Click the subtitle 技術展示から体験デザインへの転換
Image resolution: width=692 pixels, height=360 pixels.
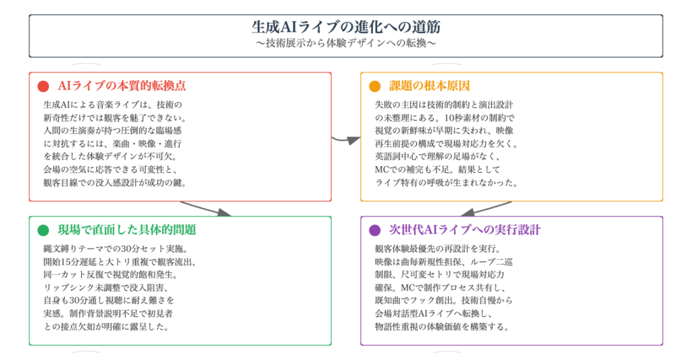click(x=346, y=43)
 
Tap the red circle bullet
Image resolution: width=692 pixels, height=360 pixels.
click(x=43, y=86)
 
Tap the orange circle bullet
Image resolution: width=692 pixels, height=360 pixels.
click(x=374, y=86)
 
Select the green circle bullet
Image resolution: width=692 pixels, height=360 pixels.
click(x=43, y=230)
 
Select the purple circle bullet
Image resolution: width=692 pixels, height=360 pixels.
click(x=374, y=230)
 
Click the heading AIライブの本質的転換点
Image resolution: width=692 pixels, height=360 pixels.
click(x=122, y=86)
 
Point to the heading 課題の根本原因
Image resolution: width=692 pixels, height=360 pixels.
click(x=429, y=86)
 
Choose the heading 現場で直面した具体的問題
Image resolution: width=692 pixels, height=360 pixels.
click(x=127, y=230)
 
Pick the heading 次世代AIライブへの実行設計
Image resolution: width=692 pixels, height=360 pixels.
click(x=465, y=230)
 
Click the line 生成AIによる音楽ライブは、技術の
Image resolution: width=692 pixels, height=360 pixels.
click(x=113, y=105)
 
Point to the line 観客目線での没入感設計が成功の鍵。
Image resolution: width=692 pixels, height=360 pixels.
click(x=114, y=182)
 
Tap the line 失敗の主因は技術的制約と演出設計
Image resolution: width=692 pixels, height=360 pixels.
click(x=443, y=105)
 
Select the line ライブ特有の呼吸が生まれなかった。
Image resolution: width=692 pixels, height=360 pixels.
click(x=446, y=182)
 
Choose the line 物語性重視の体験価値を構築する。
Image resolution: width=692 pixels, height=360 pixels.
click(x=441, y=326)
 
